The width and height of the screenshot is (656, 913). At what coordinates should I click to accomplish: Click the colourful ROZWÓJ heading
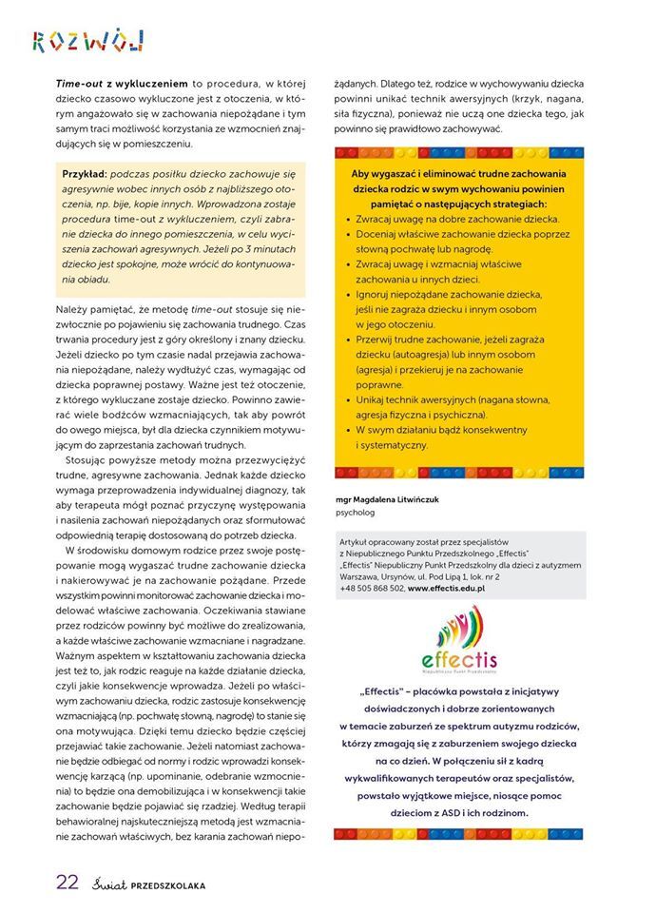[x=87, y=40]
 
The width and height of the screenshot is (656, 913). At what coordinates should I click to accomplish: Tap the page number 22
[x=67, y=882]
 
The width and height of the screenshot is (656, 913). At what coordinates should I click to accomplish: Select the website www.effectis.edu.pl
[x=447, y=589]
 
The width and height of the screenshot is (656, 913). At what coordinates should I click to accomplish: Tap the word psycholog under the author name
[x=357, y=513]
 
